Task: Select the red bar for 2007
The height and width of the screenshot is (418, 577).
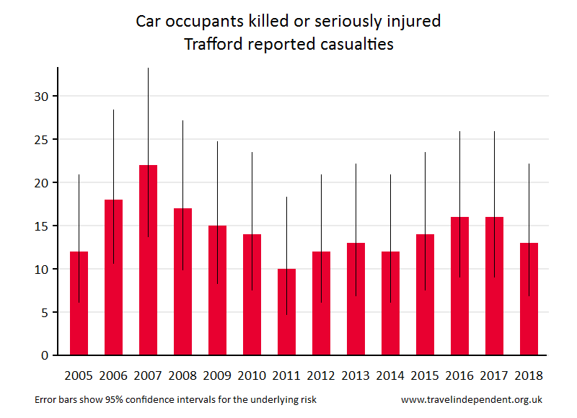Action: (149, 260)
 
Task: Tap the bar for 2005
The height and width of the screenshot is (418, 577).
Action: (79, 303)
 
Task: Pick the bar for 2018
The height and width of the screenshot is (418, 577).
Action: (529, 299)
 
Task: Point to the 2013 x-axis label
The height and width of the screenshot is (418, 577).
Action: (356, 375)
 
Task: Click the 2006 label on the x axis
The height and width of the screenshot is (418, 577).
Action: (113, 375)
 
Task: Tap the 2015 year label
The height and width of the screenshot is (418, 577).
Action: (425, 375)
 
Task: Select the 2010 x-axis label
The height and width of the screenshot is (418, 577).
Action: (252, 375)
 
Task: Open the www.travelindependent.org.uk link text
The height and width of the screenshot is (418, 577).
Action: (472, 399)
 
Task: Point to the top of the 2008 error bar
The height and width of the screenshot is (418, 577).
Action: (183, 120)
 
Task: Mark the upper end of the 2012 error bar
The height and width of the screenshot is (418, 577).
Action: (322, 174)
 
